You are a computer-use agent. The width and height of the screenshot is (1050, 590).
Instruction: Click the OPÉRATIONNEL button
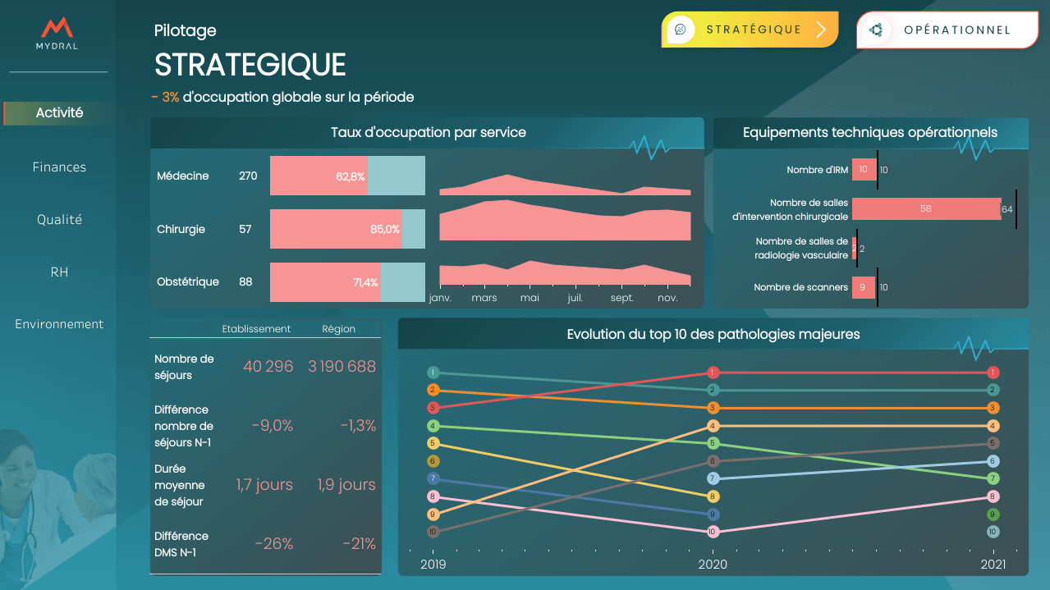click(x=947, y=30)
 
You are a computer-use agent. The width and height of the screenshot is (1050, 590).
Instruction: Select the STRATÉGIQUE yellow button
click(x=750, y=30)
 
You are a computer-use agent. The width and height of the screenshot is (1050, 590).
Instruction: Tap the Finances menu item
click(x=59, y=167)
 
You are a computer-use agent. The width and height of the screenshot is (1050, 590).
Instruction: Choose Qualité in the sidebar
click(x=59, y=220)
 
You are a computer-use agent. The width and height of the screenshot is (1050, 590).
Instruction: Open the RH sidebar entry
click(x=59, y=272)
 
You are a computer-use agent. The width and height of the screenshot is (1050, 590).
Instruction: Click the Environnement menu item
click(x=59, y=324)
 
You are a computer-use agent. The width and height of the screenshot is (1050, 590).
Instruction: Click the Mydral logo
click(x=57, y=34)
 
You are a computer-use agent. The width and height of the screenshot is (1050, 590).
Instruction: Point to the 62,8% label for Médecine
click(x=351, y=176)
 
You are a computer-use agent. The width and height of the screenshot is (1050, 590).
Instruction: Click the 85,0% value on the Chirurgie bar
click(x=385, y=229)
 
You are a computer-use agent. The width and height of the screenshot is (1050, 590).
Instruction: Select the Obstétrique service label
click(x=188, y=281)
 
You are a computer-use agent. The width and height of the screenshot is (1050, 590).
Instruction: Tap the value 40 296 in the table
click(x=268, y=367)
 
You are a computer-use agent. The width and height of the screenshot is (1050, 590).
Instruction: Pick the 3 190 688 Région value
click(x=342, y=367)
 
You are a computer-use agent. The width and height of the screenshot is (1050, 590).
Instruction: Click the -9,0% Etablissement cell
click(x=273, y=426)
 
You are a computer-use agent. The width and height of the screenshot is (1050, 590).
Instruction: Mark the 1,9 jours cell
click(x=346, y=485)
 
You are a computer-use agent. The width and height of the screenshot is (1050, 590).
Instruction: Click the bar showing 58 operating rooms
click(x=925, y=209)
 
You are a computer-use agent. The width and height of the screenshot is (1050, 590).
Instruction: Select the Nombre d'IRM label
click(x=817, y=170)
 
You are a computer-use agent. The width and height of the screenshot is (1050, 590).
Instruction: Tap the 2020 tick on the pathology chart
click(x=713, y=565)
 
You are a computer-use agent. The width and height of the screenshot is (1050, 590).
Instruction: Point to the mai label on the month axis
click(x=530, y=298)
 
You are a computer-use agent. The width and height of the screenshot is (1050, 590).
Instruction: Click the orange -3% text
click(x=166, y=97)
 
